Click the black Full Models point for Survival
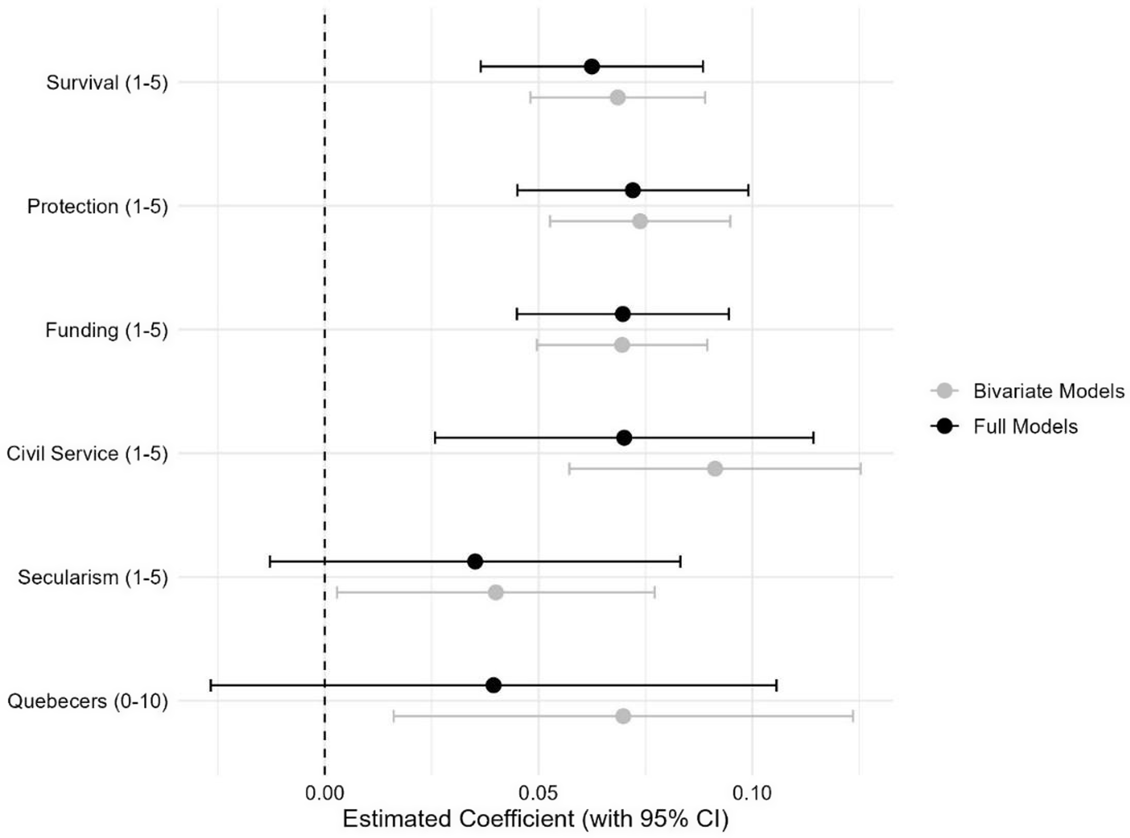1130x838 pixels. tap(592, 67)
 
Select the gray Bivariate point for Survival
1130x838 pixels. tap(617, 98)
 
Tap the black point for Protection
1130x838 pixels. tap(633, 191)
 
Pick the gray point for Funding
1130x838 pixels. tap(622, 345)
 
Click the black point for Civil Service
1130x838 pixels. tap(624, 438)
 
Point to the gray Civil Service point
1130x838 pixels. tap(715, 469)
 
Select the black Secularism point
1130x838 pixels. tap(475, 561)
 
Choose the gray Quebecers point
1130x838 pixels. tap(623, 716)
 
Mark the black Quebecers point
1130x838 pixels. tap(494, 685)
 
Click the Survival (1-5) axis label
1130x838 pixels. tap(107, 83)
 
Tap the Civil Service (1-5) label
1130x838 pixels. tap(87, 454)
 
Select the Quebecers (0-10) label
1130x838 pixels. tap(88, 701)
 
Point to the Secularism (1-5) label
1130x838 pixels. tap(93, 577)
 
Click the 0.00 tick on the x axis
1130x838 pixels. tap(325, 793)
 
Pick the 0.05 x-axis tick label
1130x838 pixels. tap(538, 793)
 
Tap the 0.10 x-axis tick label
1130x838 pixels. tap(752, 793)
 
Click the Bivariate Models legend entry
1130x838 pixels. tap(1048, 391)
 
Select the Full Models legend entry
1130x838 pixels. tap(1025, 426)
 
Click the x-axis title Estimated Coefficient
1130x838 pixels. tap(536, 819)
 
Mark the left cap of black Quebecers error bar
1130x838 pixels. tap(211, 685)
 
